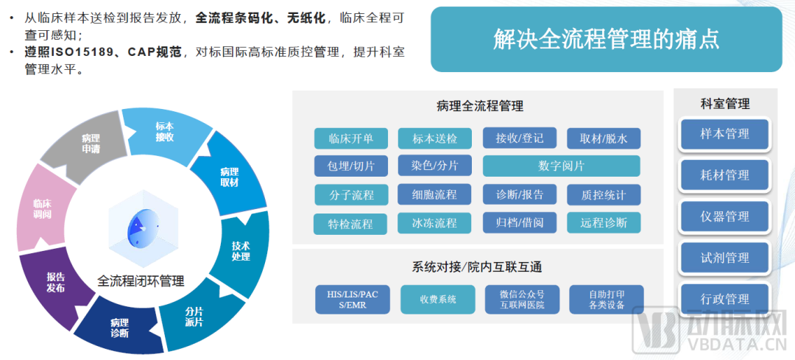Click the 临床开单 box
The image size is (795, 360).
tap(351, 138)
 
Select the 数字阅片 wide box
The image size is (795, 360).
tap(561, 166)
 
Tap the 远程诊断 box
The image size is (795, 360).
tap(603, 222)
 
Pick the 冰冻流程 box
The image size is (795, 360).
tap(434, 222)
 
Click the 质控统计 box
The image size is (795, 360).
tap(603, 194)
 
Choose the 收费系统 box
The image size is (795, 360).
tap(438, 300)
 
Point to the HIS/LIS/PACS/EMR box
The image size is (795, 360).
tap(353, 300)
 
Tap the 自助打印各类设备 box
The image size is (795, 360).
tap(606, 300)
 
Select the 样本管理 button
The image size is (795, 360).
tap(724, 134)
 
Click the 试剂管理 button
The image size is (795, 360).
tap(724, 258)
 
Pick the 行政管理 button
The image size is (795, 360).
tap(724, 299)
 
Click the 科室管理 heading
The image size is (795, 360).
tap(724, 104)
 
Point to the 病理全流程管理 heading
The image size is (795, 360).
tap(479, 106)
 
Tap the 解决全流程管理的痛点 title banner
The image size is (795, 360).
tap(605, 39)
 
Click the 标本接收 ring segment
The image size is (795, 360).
tap(163, 131)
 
